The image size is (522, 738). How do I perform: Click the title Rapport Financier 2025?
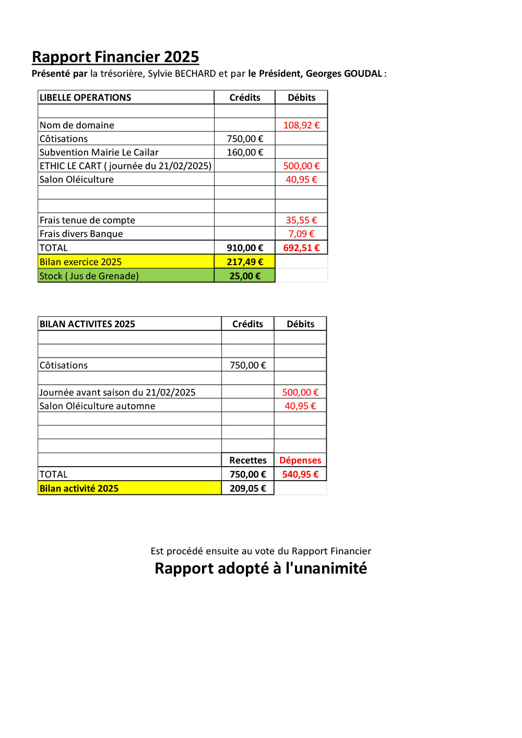(115, 57)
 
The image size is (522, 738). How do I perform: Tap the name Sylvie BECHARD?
(182, 74)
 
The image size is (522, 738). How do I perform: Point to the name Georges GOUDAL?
(343, 74)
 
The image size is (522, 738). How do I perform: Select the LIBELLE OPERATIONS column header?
(86, 98)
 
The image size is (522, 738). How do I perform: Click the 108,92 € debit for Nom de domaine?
(301, 125)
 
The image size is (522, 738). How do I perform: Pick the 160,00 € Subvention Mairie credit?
(245, 152)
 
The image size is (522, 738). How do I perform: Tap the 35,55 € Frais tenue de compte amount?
(301, 220)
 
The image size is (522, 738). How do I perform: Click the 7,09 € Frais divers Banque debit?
(301, 234)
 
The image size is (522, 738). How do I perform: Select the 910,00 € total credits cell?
(245, 248)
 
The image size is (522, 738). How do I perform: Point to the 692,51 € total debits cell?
(301, 248)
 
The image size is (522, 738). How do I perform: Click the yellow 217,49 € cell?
(245, 262)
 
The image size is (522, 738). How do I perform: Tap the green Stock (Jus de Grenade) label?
(89, 276)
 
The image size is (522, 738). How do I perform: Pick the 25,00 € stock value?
(245, 276)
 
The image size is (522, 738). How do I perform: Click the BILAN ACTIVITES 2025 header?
(87, 324)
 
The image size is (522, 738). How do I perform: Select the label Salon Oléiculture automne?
(98, 406)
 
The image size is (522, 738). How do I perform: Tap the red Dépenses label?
(300, 460)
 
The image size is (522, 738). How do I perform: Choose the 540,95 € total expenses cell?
(300, 474)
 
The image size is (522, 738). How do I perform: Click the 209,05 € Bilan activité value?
(248, 489)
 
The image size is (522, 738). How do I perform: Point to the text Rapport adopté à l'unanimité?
(261, 568)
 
